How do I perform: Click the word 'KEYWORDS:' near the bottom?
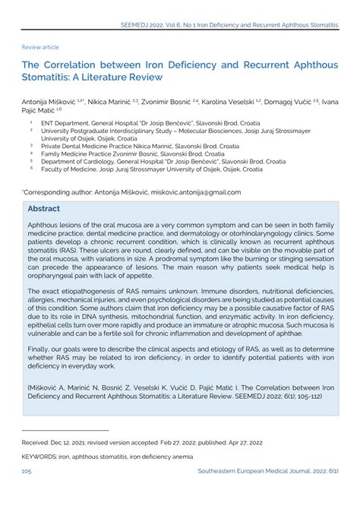[x=42, y=477]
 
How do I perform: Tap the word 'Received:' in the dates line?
[x=36, y=463]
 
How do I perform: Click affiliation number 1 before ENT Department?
[x=31, y=120]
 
